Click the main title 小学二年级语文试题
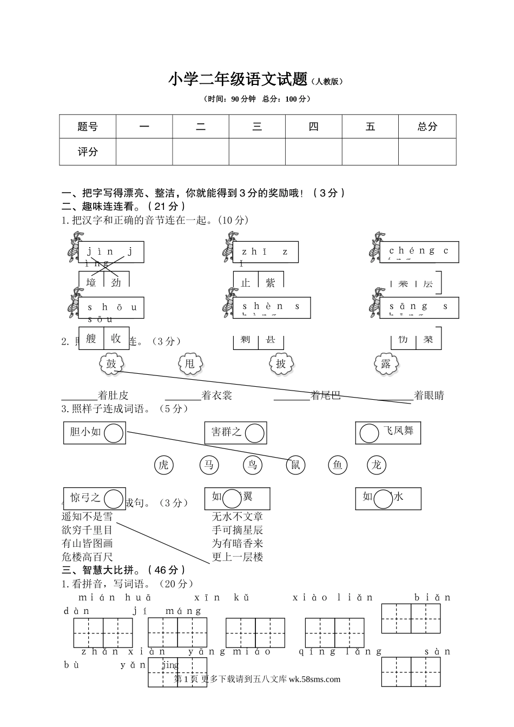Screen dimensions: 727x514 point(238,80)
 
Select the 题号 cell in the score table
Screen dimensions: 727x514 point(88,127)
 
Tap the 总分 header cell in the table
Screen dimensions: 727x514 point(427,127)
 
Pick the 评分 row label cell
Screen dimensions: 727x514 point(88,152)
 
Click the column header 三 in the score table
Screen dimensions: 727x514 point(257,127)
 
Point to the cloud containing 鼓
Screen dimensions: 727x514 point(111,364)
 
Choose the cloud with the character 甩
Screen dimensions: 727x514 point(189,364)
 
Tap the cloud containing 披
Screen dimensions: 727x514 point(281,364)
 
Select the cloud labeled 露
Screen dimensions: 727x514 point(386,364)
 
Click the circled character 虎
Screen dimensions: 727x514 point(163,465)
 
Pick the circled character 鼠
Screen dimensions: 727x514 point(295,465)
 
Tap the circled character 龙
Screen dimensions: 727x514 point(377,465)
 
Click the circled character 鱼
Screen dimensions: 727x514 point(338,465)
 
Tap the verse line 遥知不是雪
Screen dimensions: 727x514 point(87,517)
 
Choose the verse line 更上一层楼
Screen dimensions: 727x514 point(238,557)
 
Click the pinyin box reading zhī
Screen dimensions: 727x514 point(266,252)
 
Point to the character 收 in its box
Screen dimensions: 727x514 point(116,338)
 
